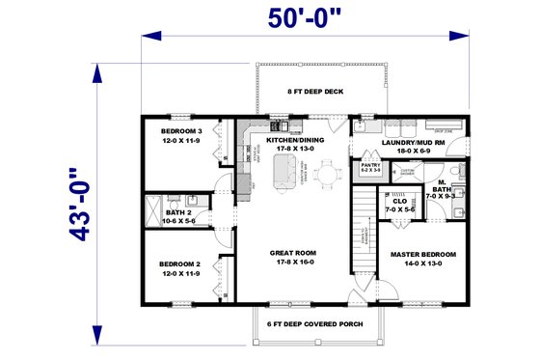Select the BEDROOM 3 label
179,130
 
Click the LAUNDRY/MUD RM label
412,143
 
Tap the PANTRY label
371,165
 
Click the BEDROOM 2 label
179,263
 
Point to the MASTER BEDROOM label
423,255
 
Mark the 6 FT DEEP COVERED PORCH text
314,323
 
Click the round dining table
329,176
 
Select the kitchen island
285,175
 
